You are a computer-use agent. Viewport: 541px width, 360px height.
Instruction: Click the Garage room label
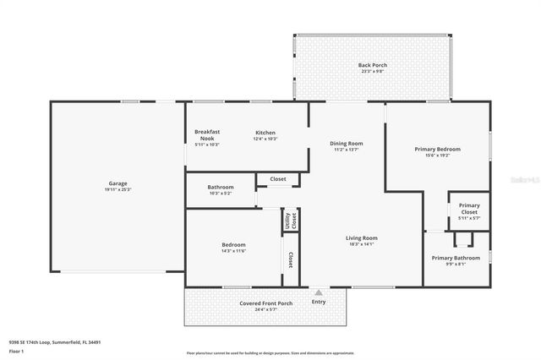click(x=117, y=183)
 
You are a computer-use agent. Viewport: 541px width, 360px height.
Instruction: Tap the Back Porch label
click(x=372, y=65)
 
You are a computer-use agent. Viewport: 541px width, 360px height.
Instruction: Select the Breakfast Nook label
click(x=207, y=135)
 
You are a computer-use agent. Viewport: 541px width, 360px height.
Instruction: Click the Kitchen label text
click(x=265, y=133)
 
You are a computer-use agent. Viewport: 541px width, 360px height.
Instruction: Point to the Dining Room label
click(x=346, y=143)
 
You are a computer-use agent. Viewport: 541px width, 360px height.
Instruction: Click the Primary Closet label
click(x=469, y=208)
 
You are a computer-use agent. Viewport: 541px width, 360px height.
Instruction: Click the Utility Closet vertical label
click(x=290, y=221)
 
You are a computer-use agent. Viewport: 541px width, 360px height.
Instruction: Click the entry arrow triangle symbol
click(x=319, y=292)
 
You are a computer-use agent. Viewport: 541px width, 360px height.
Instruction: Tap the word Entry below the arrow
click(x=319, y=302)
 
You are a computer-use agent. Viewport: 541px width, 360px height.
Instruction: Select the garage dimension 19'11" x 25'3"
click(x=117, y=189)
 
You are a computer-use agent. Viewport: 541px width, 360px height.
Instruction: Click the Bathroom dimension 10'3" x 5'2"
click(x=220, y=194)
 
